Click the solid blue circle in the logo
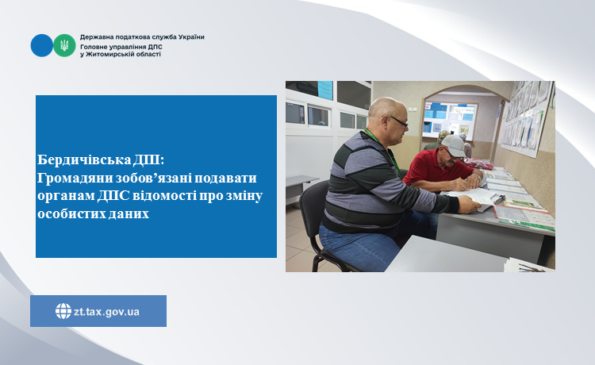(x=42, y=45)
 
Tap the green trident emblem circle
(x=64, y=45)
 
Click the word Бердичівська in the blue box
(x=84, y=159)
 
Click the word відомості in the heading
(x=167, y=196)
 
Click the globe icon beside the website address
(x=63, y=311)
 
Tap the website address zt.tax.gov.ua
(x=106, y=312)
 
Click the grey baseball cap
(x=453, y=145)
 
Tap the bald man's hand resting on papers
(x=469, y=205)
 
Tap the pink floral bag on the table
(x=478, y=163)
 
